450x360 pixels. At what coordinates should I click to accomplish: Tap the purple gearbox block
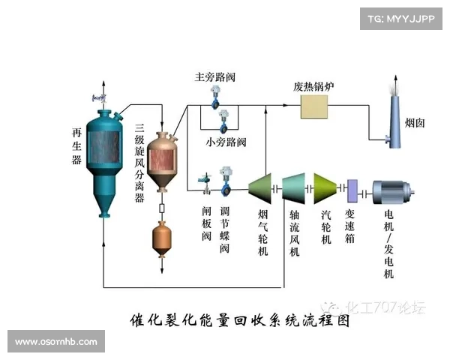(x=351, y=192)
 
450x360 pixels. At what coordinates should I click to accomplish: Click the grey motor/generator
(x=397, y=193)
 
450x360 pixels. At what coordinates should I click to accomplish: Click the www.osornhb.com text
(x=56, y=342)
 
